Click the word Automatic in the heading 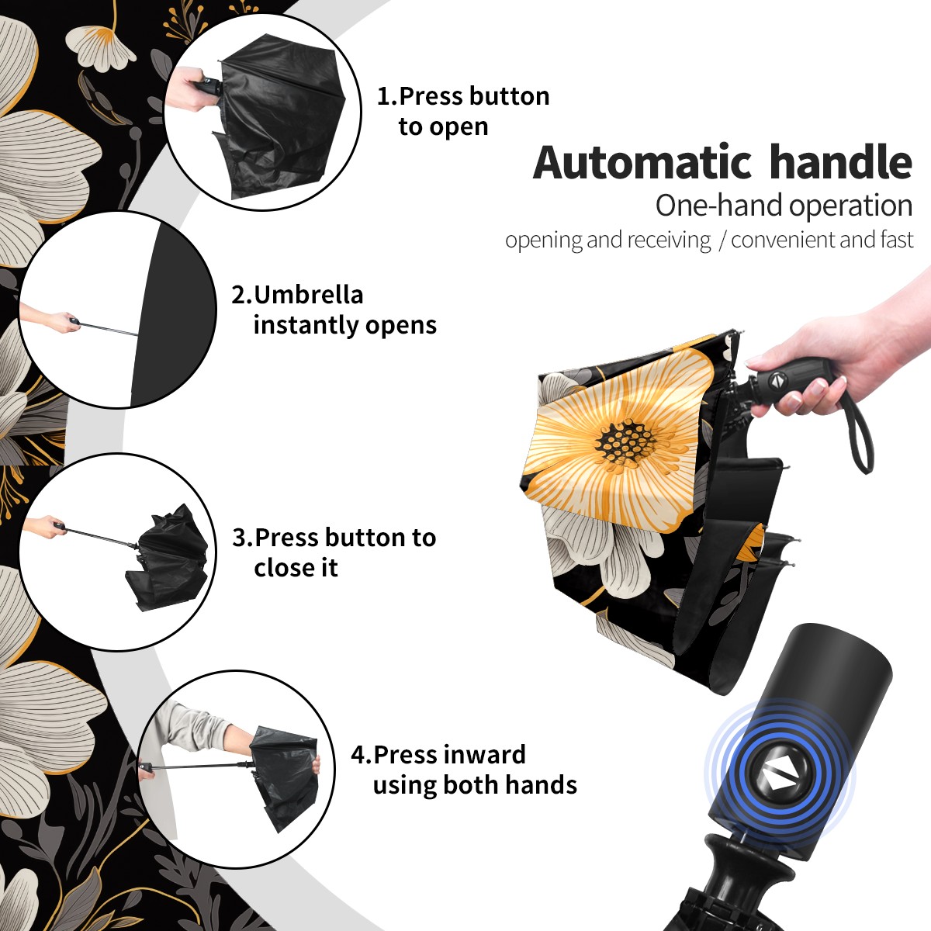pyautogui.click(x=642, y=162)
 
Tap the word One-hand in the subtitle pyautogui.click(x=719, y=206)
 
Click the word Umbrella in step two pyautogui.click(x=308, y=295)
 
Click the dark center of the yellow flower pyautogui.click(x=625, y=442)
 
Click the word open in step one pyautogui.click(x=459, y=127)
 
